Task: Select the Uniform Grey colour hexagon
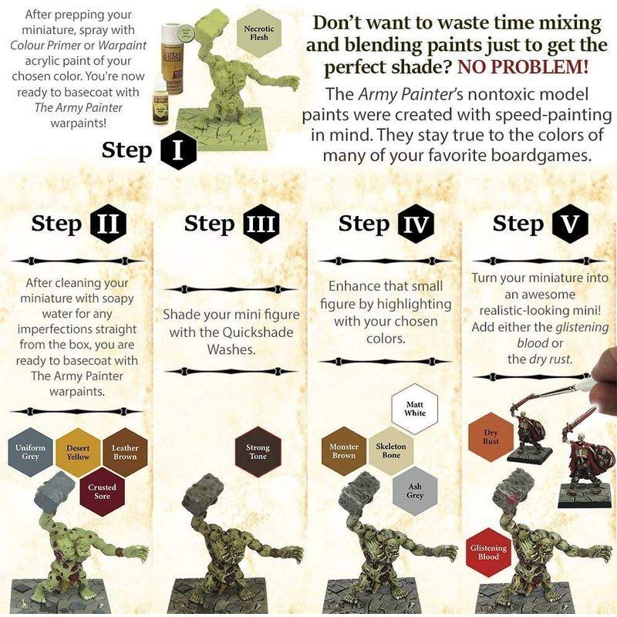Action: click(31, 452)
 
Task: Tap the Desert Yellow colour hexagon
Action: click(78, 452)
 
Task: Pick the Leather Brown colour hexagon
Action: click(125, 452)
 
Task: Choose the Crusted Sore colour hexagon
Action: click(102, 491)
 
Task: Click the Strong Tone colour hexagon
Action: click(258, 452)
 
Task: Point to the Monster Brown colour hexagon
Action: click(344, 450)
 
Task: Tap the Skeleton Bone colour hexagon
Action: click(391, 450)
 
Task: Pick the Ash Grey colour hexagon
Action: click(415, 491)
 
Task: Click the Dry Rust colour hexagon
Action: click(491, 437)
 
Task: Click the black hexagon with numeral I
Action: click(177, 149)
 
